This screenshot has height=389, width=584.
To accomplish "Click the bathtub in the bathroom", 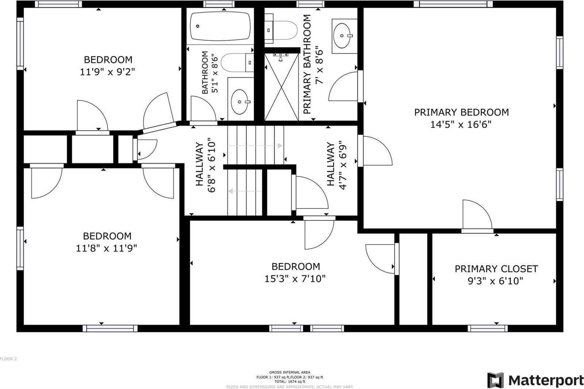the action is [220, 26].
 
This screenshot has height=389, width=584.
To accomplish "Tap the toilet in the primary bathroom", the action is [281, 30].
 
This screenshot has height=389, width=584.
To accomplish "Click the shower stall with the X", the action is [281, 87].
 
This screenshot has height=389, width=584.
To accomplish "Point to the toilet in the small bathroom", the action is [237, 62].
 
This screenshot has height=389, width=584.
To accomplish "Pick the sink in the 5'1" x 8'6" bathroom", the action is [241, 99].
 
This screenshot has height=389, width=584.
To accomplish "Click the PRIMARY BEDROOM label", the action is [461, 112].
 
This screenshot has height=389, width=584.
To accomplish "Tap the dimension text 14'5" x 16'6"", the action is [461, 124].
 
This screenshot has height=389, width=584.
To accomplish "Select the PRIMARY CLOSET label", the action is [496, 269].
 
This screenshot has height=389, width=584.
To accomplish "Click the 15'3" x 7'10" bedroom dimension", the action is [295, 279].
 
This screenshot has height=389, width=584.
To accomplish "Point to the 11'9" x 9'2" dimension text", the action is [107, 72].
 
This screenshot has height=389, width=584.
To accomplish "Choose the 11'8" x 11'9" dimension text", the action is [106, 248].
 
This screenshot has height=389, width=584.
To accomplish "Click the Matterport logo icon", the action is [495, 380].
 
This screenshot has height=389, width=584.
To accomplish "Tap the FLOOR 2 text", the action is [8, 359].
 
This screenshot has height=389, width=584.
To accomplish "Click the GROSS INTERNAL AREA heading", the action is [290, 372].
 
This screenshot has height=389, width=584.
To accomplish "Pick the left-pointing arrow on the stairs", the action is [245, 191].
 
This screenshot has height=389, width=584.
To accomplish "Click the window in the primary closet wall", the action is [488, 328].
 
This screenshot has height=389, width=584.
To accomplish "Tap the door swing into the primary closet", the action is [477, 214].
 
